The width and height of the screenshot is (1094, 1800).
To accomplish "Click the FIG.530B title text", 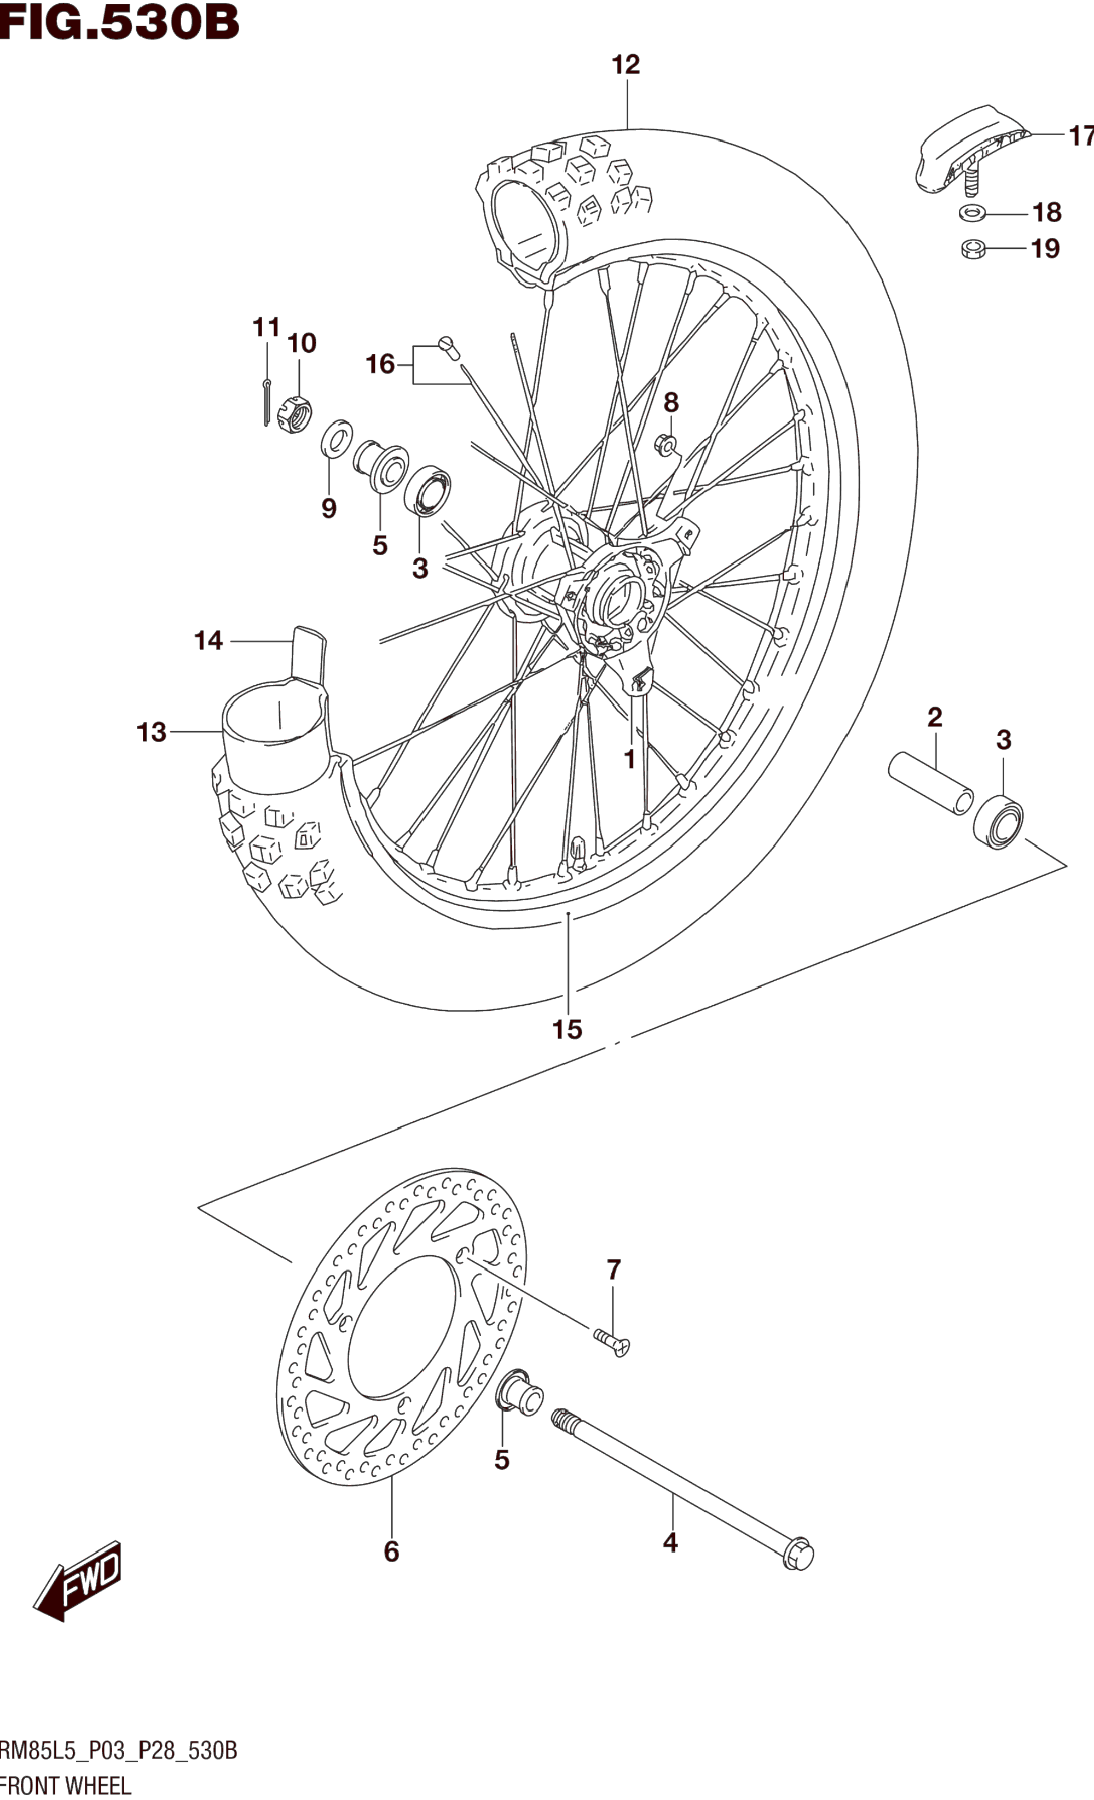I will click(119, 22).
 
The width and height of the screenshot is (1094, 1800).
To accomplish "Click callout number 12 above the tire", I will click(626, 65).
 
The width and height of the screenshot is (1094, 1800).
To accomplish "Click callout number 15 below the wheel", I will click(567, 1029).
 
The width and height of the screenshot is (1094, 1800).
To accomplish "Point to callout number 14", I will click(209, 640).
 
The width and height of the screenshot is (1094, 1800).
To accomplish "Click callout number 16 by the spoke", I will click(380, 364).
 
